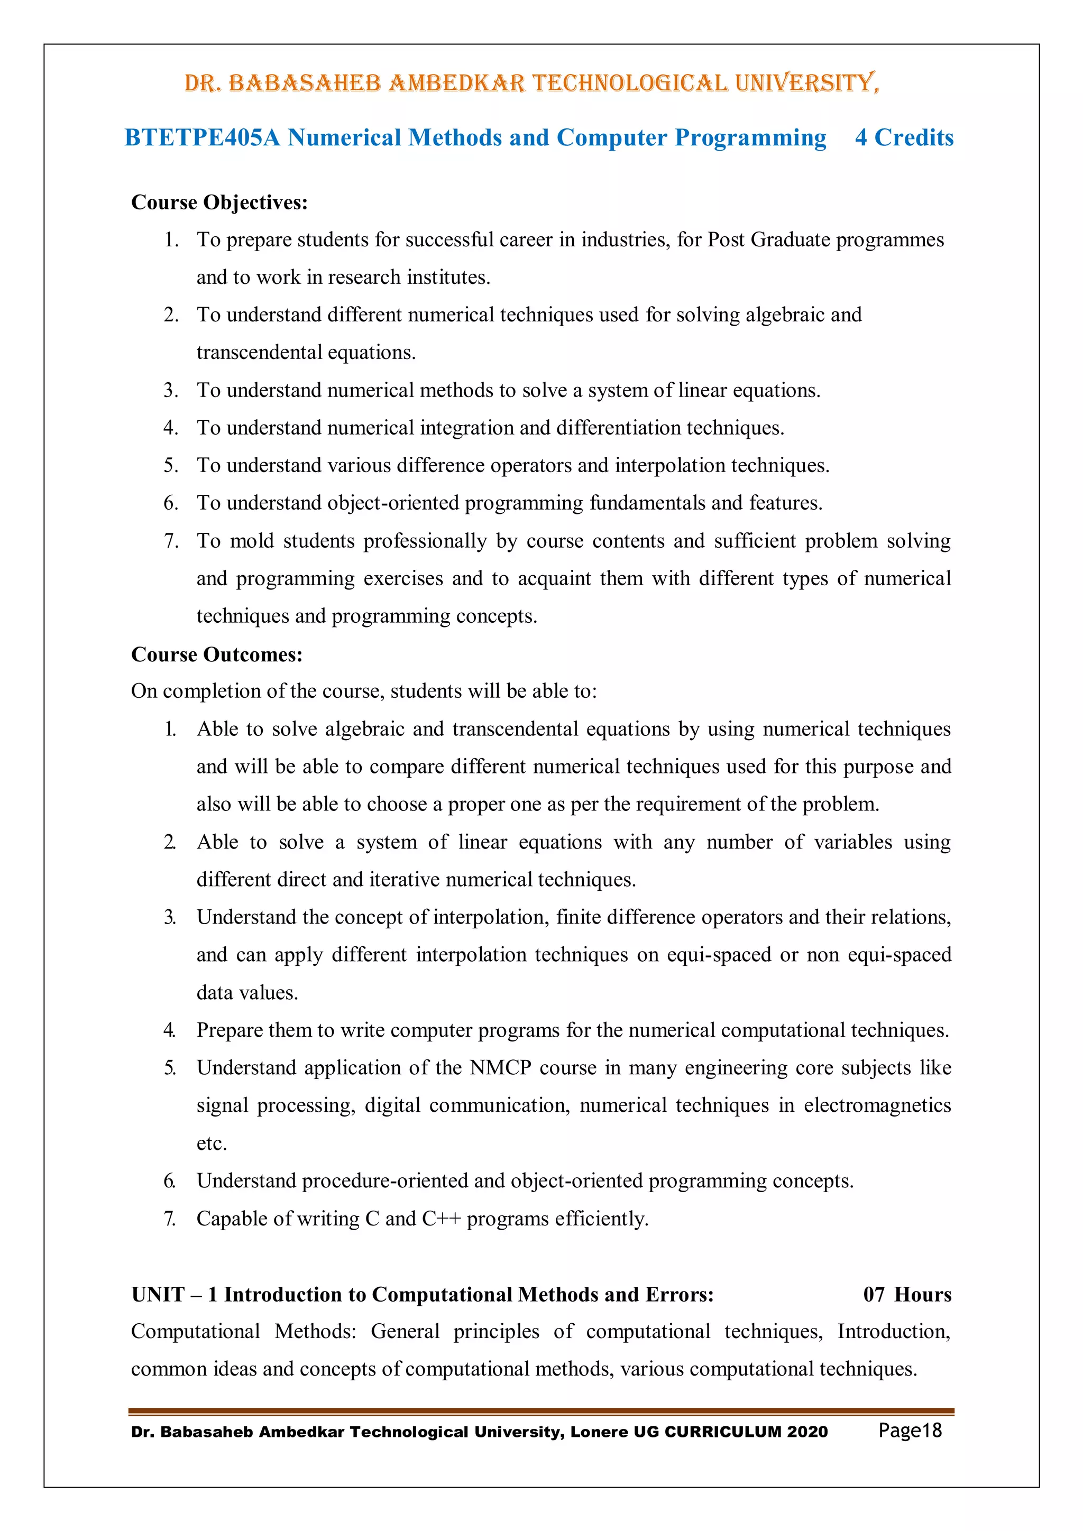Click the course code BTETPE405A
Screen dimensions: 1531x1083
pyautogui.click(x=202, y=137)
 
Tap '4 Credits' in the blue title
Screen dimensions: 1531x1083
pyautogui.click(x=904, y=137)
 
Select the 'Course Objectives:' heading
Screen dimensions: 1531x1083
pyautogui.click(x=219, y=202)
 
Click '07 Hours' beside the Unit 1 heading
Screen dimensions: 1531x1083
pyautogui.click(x=907, y=1294)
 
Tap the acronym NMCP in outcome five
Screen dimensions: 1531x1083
pyautogui.click(x=500, y=1067)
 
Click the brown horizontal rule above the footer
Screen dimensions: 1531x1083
pyautogui.click(x=541, y=1411)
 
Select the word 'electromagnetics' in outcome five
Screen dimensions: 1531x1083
pyautogui.click(x=877, y=1105)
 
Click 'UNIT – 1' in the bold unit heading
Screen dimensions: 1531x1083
pyautogui.click(x=174, y=1294)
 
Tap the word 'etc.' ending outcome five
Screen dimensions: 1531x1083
pyautogui.click(x=212, y=1143)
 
